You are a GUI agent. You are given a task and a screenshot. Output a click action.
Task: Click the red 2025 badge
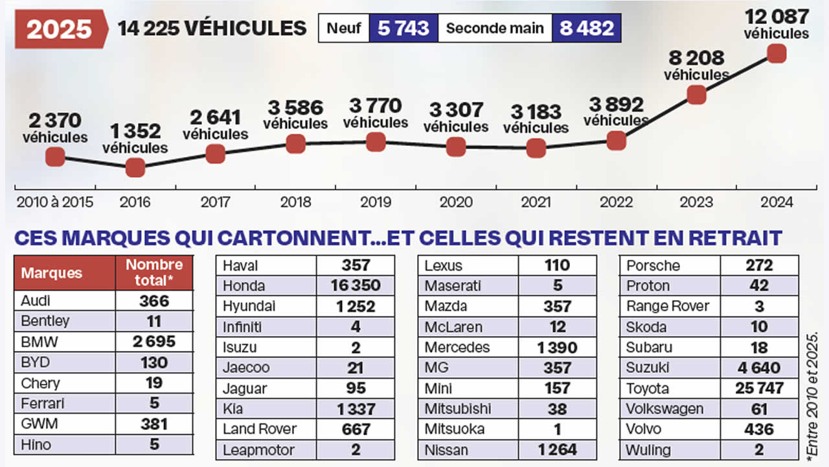coord(60,29)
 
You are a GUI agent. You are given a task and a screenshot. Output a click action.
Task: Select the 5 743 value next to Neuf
coord(403,29)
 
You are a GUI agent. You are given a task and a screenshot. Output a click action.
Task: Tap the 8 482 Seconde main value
coord(586,29)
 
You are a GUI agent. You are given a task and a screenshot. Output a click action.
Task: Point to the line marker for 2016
coord(135,167)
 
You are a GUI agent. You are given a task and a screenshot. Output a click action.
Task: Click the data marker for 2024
coord(777,53)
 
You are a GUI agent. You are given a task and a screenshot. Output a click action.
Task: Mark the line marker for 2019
coord(376,141)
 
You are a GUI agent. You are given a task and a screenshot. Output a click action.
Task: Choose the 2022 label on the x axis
coord(616,202)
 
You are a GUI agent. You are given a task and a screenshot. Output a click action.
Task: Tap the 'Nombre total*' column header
coord(154,272)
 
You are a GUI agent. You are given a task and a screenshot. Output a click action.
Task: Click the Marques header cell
coord(65,272)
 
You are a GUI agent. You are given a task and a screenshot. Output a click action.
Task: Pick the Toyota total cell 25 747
coord(759,389)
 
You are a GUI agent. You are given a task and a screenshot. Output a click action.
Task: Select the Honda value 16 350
coord(355,285)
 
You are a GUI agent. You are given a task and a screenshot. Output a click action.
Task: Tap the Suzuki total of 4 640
coord(759,368)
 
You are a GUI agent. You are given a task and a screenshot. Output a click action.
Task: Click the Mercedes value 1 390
coord(557,347)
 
